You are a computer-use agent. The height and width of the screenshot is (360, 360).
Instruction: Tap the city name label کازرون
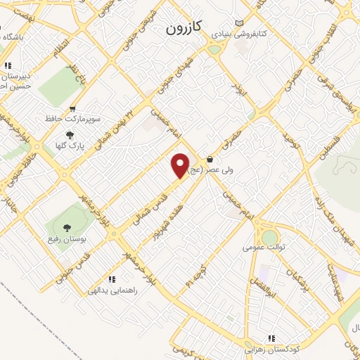186,28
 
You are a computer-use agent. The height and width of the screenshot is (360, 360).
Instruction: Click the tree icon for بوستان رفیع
67,227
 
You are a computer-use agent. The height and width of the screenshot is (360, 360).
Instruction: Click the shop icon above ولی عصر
211,159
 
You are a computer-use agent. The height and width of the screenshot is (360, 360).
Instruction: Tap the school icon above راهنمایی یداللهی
112,279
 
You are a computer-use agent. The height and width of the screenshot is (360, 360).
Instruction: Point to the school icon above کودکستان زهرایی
271,338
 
